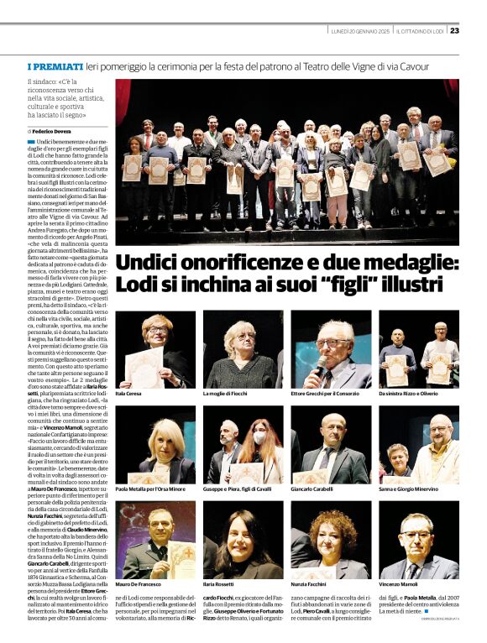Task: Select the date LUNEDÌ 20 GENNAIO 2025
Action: coord(360,31)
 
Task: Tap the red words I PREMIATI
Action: coord(55,65)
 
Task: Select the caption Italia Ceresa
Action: coord(132,393)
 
